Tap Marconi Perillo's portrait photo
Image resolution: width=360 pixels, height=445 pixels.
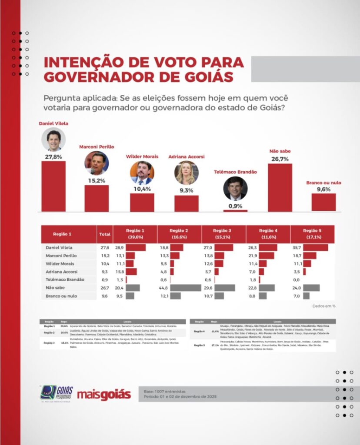click(97, 163)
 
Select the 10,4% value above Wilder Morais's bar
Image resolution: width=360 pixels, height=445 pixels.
click(142, 189)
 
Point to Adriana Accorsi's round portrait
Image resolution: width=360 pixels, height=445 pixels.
click(187, 173)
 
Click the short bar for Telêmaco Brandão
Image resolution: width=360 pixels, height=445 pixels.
click(235, 211)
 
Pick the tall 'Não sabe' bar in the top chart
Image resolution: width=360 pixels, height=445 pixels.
click(280, 187)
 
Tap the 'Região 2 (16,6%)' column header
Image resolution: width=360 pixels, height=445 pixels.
click(179, 234)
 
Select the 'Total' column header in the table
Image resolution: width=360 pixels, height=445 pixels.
click(105, 234)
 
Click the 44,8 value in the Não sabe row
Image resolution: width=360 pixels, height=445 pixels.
click(163, 288)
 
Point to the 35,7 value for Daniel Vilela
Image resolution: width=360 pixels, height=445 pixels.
click(297, 247)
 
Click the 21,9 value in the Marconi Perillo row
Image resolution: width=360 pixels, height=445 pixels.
click(253, 256)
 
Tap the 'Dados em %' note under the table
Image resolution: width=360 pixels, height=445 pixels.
click(324, 306)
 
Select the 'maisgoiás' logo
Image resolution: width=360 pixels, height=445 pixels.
click(104, 395)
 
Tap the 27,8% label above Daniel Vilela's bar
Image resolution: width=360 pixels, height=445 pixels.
click(53, 156)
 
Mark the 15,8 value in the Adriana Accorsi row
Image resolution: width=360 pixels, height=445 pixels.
click(119, 272)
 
